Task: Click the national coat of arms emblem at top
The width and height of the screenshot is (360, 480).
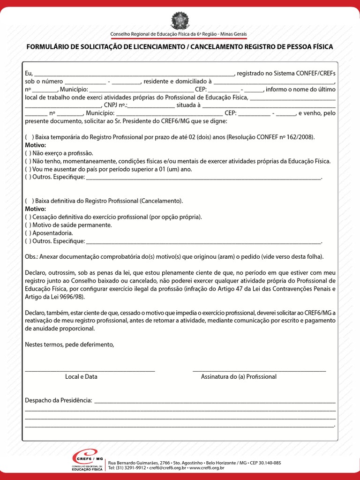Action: pos(179,22)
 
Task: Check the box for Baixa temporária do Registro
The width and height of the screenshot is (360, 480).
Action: pos(29,137)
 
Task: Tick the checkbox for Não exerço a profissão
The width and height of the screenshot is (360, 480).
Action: pos(28,153)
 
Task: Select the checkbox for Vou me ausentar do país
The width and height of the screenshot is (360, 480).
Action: pos(28,169)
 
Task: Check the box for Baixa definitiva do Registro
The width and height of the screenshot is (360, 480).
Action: pos(29,201)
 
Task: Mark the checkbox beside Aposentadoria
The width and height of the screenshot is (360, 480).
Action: pos(28,233)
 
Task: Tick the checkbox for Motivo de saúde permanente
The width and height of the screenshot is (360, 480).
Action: pos(28,225)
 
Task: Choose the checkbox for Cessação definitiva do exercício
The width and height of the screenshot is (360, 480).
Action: pos(28,217)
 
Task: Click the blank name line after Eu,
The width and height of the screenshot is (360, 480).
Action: pos(134,74)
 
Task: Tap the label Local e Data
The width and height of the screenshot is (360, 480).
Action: pos(81,376)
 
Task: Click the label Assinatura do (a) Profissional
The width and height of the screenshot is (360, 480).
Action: pos(239,376)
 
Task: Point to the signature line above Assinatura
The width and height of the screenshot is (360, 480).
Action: pos(259,370)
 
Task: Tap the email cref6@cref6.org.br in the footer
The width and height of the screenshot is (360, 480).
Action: pos(169,468)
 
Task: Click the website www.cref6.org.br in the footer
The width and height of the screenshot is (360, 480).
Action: pos(207,468)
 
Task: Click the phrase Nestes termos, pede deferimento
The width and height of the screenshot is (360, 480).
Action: pos(69,345)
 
